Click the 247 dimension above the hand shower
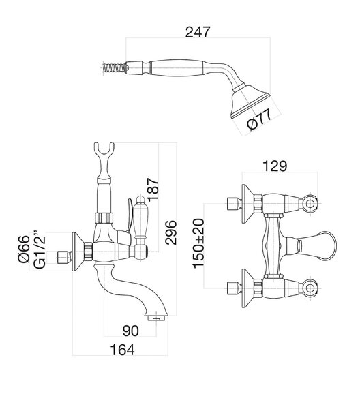(x=198, y=32)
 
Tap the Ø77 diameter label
(x=259, y=119)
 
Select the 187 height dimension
(x=153, y=190)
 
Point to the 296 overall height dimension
(x=171, y=232)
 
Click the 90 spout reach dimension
(x=131, y=331)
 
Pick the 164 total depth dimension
(x=123, y=350)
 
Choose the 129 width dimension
(x=275, y=166)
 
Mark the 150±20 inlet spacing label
(x=198, y=243)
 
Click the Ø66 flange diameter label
(x=24, y=249)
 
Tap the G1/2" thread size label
(x=40, y=249)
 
